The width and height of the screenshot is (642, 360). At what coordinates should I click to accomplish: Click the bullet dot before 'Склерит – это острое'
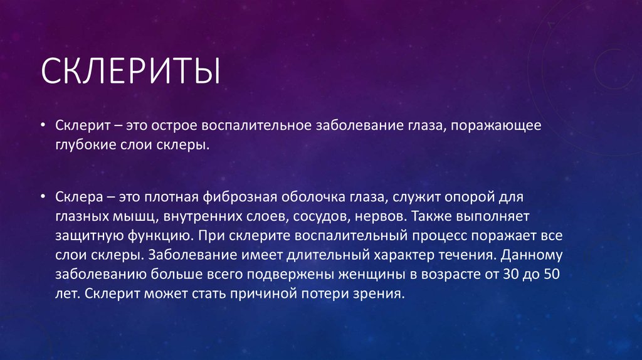(x=42, y=125)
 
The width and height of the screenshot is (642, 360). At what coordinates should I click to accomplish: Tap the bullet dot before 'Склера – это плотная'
(x=42, y=197)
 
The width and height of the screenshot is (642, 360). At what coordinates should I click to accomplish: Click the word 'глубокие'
(x=84, y=146)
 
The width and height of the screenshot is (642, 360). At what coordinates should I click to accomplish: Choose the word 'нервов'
(x=370, y=216)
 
